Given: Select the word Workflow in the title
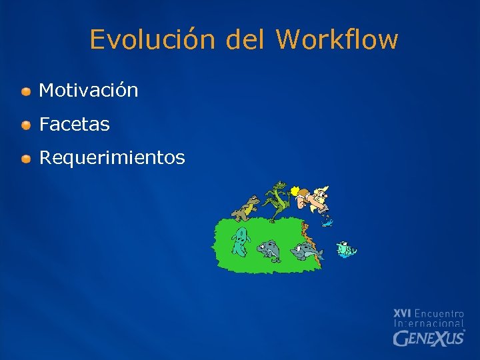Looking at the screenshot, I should click(x=337, y=39).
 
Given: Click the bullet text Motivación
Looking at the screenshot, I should click(x=89, y=90).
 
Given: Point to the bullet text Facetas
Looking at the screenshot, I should click(x=75, y=124).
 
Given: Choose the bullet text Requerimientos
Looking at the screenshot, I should click(x=112, y=158).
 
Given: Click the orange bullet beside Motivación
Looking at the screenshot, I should click(x=25, y=91).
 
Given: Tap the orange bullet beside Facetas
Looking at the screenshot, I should click(x=25, y=125).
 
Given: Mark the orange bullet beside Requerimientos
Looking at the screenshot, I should click(x=25, y=159).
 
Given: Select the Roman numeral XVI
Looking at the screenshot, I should click(x=403, y=313).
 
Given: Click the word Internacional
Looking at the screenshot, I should click(x=429, y=323).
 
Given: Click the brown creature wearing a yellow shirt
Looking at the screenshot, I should click(x=248, y=208).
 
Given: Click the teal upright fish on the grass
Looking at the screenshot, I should click(x=240, y=241).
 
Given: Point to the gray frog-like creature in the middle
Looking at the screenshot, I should click(x=269, y=249).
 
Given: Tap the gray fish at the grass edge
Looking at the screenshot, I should click(x=305, y=251).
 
